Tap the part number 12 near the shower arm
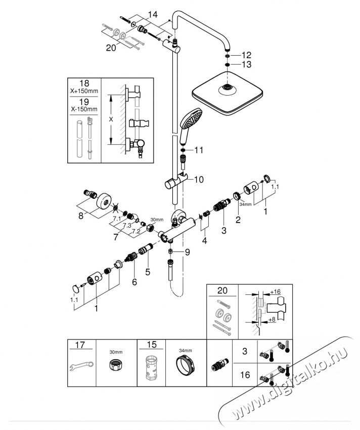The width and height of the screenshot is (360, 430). point(246,54)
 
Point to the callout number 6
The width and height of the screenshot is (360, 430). point(134,282)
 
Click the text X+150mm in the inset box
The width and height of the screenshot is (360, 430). point(84,92)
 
